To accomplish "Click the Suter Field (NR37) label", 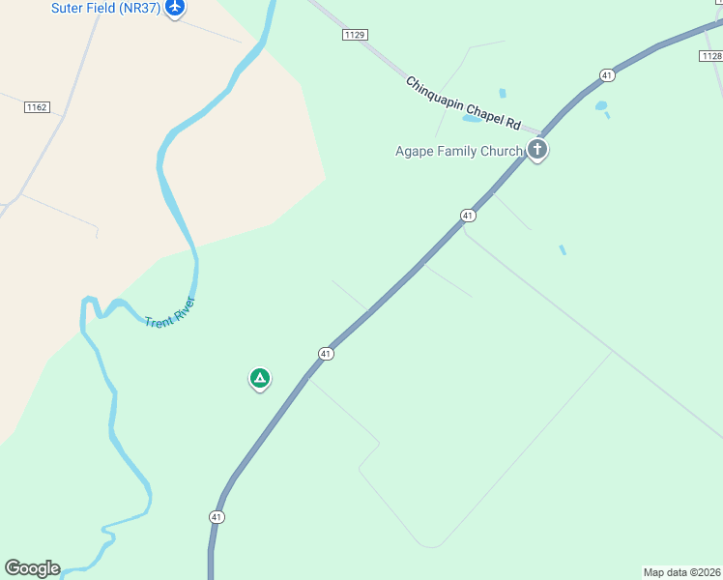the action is coord(105,8).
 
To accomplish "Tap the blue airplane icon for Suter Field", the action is coord(175,8).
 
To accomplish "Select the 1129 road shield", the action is coord(355,35).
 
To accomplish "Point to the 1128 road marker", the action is coord(710,57).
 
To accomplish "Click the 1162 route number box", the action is coord(38,106).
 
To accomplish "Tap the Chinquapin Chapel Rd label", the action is coord(463,104).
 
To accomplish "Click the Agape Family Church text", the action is coord(459,151).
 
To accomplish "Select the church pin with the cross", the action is coord(537,150).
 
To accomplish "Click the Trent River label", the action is coord(170,312).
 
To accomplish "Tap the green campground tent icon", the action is coord(259,378).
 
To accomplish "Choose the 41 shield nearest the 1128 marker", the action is coord(606,74).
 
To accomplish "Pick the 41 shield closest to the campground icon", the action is coord(327,354).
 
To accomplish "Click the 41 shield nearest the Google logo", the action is coord(217,517).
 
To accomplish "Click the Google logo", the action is coord(32,568).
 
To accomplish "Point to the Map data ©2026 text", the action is coord(681,571).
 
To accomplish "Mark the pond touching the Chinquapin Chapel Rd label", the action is coord(472,119).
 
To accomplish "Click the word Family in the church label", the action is coord(464,151).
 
